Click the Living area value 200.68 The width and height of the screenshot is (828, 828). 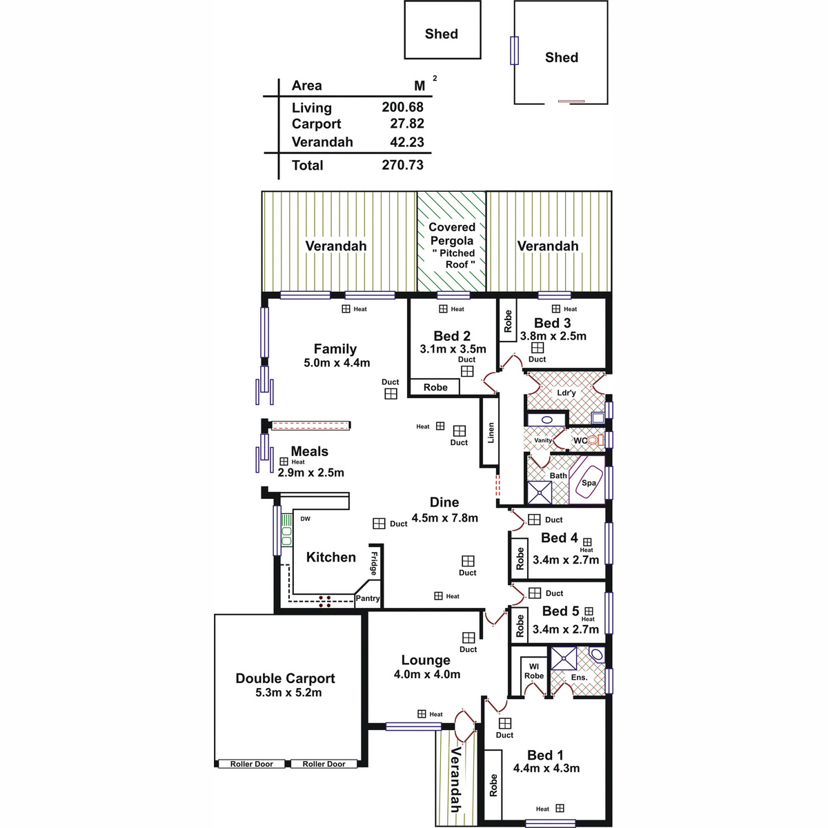coord(402,107)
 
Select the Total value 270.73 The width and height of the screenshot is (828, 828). coord(402,165)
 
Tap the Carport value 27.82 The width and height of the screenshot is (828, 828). coord(406,124)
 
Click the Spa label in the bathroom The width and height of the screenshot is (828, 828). coord(589,482)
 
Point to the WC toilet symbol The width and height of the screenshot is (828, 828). coord(595,440)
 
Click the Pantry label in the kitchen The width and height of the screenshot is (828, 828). coord(367,598)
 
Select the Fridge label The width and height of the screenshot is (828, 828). coord(374,564)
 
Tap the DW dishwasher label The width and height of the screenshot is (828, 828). coord(305,519)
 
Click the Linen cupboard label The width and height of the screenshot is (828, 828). coord(491,432)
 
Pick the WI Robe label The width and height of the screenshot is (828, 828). coord(533,671)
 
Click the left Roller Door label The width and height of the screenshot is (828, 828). coord(251,764)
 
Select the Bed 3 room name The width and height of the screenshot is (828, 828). coord(552,323)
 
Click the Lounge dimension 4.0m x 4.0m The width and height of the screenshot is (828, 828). coord(426,673)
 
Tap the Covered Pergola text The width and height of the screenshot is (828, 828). coord(451,234)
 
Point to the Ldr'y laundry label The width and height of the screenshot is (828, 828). coord(566,393)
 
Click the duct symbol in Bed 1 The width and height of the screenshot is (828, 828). coord(505,722)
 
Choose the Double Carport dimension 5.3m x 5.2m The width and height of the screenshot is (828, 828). coord(288,692)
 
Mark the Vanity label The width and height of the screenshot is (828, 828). coord(543,440)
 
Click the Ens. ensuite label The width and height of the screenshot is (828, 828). coord(579,677)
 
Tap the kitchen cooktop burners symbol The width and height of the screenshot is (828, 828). coord(325,601)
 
